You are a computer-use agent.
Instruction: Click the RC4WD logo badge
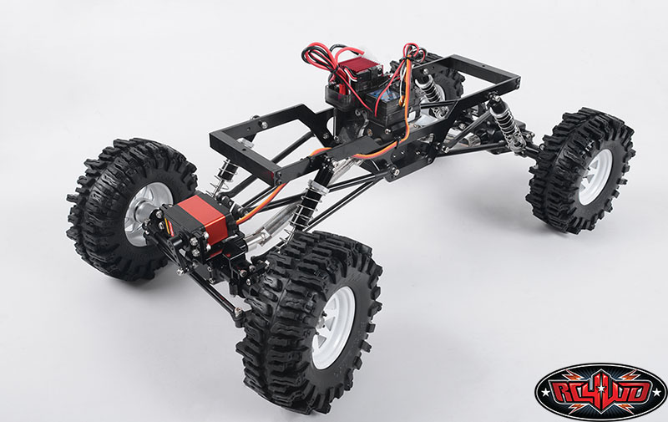click(x=600, y=390)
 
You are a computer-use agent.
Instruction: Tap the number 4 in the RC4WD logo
click(x=600, y=389)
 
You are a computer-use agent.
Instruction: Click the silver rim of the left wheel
click(x=144, y=212)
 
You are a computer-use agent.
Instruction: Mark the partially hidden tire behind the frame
click(x=448, y=82)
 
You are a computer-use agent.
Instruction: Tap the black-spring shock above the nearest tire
click(x=306, y=204)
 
